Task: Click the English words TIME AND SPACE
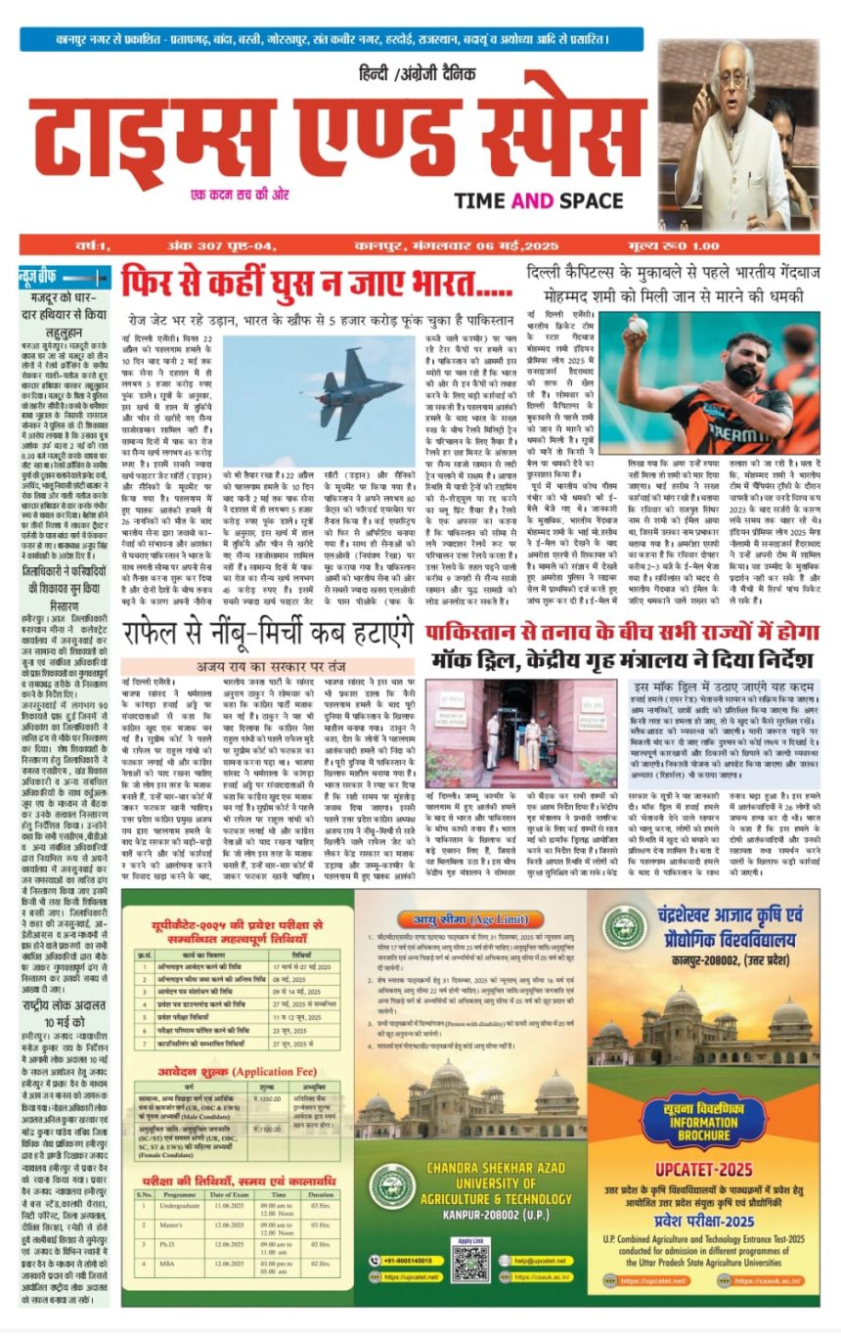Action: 552,200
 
